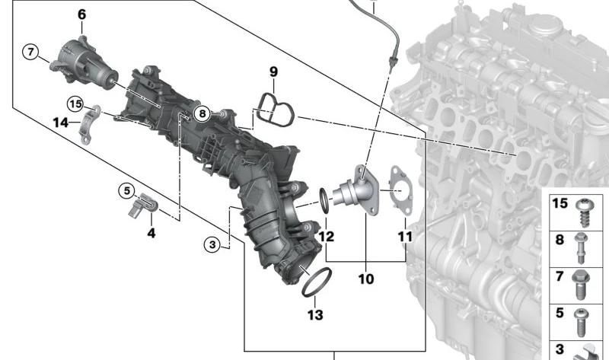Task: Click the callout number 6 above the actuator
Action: tap(81, 14)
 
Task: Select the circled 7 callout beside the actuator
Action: tap(31, 52)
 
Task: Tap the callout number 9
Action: tap(274, 72)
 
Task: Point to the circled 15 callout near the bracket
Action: tap(75, 104)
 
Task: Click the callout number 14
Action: tap(60, 123)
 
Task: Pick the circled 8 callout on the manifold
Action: tap(202, 114)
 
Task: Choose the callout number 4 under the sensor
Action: tap(151, 233)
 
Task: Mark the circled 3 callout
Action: tap(212, 244)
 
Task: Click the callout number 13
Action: tap(315, 314)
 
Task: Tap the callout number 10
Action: tap(366, 279)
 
